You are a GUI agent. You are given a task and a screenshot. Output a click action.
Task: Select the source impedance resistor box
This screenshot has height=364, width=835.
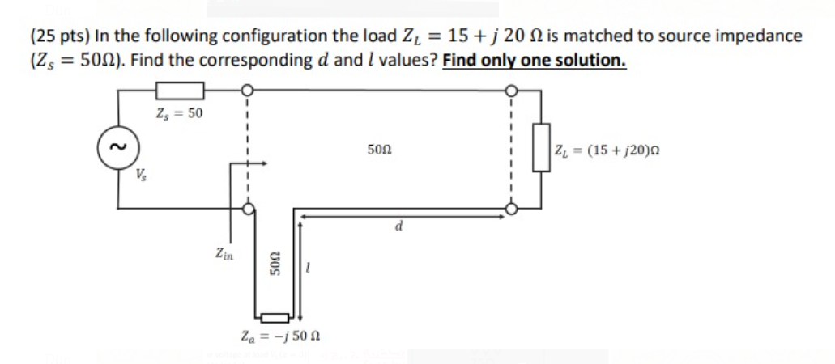click(x=179, y=91)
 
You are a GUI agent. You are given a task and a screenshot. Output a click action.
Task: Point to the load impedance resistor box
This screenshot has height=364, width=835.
click(x=540, y=148)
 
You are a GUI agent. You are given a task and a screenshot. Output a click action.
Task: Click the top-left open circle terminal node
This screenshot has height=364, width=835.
click(x=249, y=91)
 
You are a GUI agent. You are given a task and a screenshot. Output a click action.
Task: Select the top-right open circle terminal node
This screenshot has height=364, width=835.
click(x=511, y=91)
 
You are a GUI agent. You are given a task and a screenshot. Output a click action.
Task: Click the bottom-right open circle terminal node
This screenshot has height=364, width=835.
click(x=511, y=210)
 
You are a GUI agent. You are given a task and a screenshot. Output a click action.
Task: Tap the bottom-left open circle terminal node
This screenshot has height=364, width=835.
click(x=249, y=210)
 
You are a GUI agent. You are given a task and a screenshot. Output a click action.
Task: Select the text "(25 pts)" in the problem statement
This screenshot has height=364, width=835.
click(x=58, y=36)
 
